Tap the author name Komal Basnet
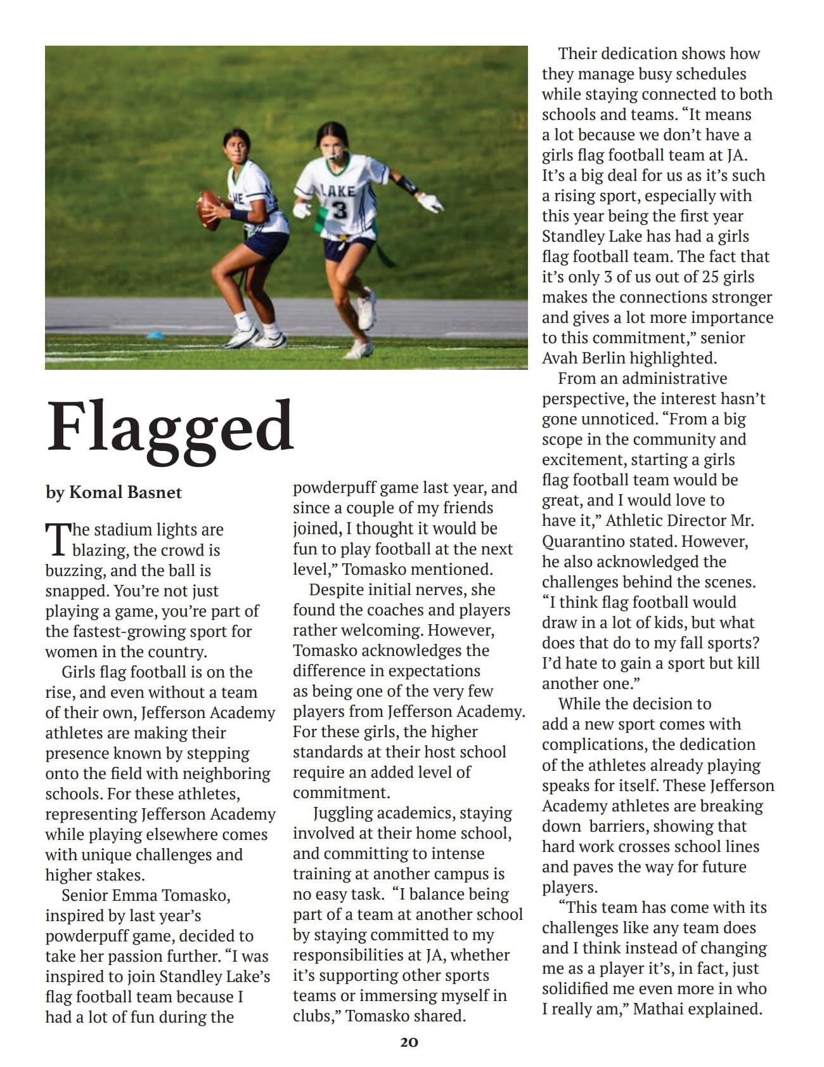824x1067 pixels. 125,492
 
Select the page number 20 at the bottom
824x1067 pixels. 409,1042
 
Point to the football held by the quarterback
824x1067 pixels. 209,209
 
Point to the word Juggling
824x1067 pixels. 350,813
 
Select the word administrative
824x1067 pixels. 674,378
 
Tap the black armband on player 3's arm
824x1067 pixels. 406,185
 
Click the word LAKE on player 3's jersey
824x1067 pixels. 340,190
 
